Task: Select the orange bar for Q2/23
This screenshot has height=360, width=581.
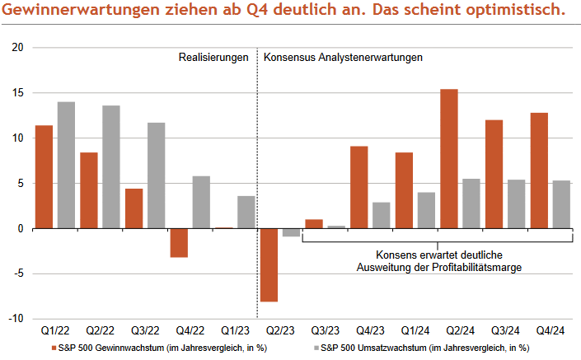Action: coord(269,264)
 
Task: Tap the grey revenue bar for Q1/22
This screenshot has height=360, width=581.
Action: coord(67,165)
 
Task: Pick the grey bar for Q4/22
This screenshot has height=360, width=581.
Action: coord(201,202)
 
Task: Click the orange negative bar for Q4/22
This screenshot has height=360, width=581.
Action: coord(179,242)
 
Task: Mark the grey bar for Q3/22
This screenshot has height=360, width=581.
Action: coord(156,175)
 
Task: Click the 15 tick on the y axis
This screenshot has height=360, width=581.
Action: coord(18,93)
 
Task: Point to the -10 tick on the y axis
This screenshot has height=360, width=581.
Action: coord(16,319)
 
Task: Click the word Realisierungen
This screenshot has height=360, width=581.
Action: coord(213,58)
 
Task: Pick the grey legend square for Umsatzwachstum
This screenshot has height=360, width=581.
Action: coord(314,348)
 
